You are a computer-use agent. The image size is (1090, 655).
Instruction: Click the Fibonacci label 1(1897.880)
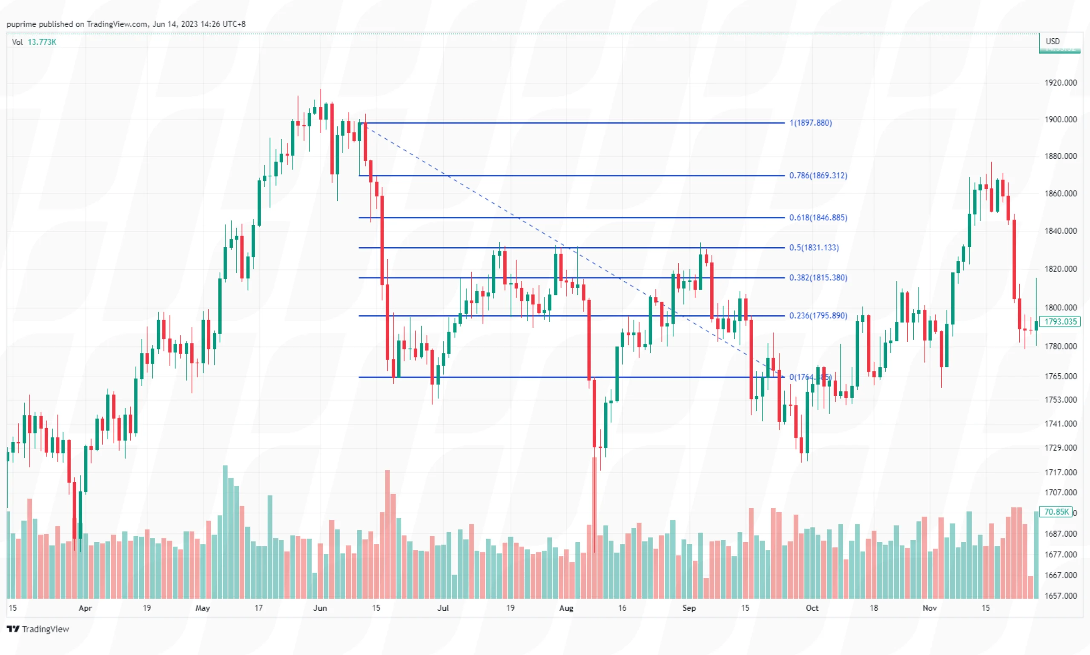click(810, 123)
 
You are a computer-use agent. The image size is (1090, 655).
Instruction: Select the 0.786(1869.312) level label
click(818, 175)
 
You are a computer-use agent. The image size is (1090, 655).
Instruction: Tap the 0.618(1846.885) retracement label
click(818, 217)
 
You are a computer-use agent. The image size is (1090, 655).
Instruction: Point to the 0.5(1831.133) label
click(814, 247)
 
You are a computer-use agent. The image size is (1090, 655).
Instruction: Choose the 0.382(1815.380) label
click(818, 277)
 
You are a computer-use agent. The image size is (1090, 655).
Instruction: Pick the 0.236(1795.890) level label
click(818, 315)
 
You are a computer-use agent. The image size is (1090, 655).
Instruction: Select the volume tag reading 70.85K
click(1056, 512)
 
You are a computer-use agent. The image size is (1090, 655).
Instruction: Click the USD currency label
click(1053, 41)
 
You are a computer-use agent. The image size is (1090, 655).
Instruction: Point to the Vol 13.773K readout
click(34, 42)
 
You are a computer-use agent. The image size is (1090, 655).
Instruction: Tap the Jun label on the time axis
click(320, 608)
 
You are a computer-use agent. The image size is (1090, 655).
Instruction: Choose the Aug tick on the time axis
click(566, 608)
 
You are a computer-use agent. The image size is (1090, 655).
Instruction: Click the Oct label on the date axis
click(812, 608)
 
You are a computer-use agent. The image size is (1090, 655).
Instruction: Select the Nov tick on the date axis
click(929, 608)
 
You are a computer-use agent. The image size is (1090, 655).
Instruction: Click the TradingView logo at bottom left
click(38, 629)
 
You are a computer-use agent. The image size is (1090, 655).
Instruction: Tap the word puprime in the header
click(21, 24)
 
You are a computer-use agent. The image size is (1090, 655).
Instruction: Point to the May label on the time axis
click(203, 608)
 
